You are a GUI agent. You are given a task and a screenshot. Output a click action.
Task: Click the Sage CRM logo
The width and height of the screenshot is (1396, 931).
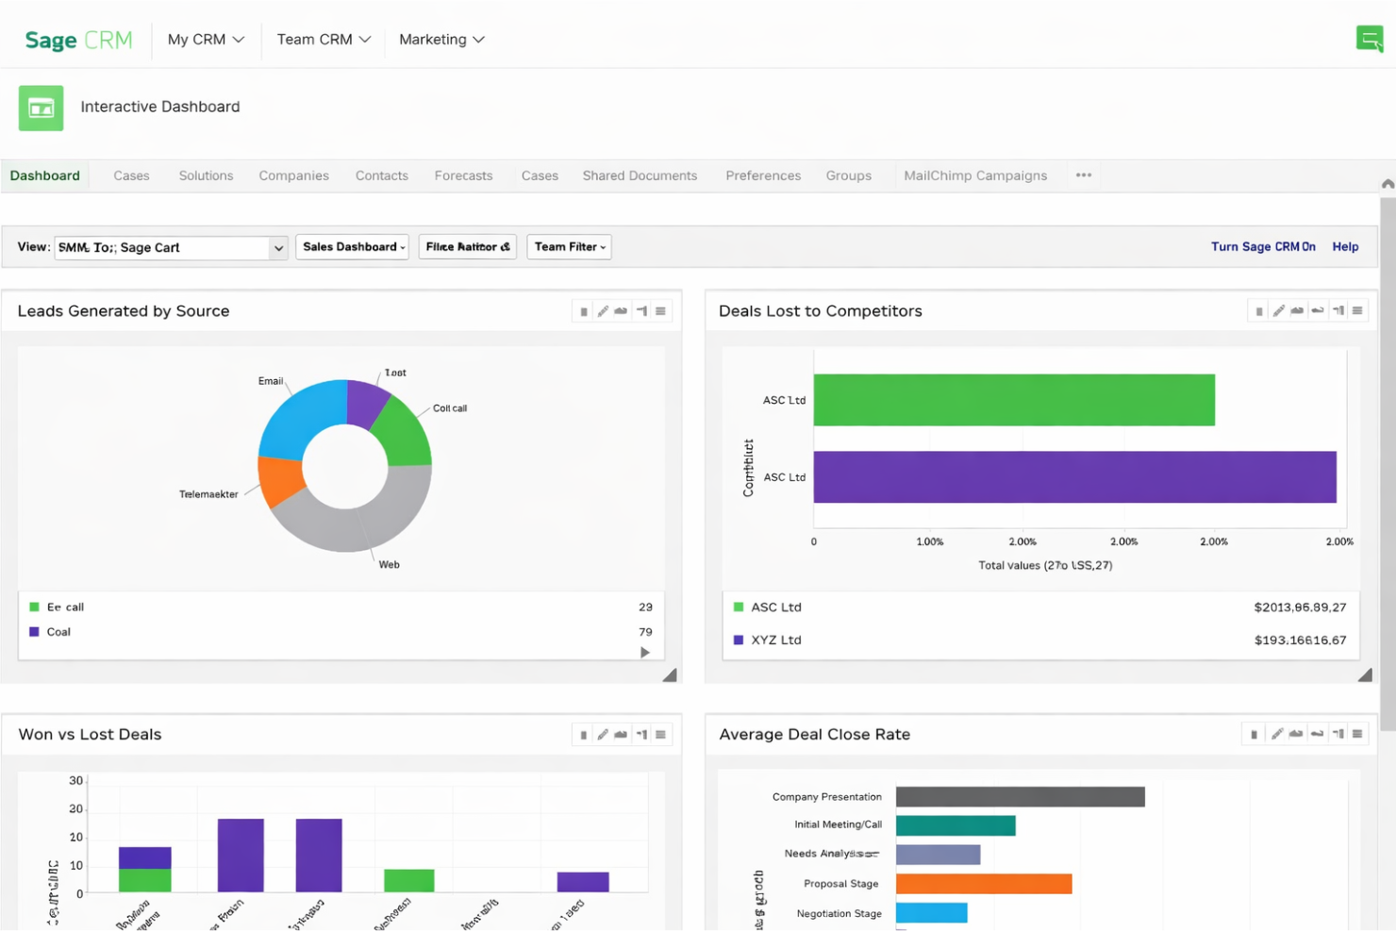tap(78, 40)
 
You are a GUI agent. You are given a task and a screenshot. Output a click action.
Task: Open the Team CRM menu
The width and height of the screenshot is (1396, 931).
tap(324, 40)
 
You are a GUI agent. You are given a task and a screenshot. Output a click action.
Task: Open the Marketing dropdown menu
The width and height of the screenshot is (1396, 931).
tap(440, 40)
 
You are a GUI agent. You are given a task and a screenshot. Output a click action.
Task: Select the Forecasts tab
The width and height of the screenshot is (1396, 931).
tap(463, 175)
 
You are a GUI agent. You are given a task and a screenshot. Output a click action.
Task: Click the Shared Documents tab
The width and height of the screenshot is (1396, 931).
tap(640, 175)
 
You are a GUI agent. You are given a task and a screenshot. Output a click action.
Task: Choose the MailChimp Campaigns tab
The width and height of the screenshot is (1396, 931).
tap(974, 175)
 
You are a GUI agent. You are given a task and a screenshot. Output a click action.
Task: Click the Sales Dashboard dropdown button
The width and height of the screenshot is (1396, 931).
tap(353, 247)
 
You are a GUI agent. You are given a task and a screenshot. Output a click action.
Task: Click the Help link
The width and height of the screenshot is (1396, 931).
tap(1344, 247)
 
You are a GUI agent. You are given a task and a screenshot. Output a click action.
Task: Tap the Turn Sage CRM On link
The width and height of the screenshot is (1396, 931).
tap(1262, 247)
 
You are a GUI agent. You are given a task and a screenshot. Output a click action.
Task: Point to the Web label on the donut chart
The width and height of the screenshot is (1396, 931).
tap(389, 565)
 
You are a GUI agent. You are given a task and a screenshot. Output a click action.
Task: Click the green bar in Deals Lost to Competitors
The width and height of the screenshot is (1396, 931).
tap(1013, 400)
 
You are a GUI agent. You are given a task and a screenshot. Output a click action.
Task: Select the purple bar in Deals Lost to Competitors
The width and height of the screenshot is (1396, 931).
tap(1073, 477)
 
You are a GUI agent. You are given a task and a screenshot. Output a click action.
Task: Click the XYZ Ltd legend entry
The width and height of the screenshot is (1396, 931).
tap(775, 640)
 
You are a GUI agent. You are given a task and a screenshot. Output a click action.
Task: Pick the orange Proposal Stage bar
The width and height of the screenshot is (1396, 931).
tap(983, 884)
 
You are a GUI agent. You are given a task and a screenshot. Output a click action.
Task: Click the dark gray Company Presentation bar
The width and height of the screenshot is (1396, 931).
tap(1019, 797)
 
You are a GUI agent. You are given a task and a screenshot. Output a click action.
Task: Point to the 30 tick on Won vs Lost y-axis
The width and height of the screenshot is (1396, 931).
tap(75, 781)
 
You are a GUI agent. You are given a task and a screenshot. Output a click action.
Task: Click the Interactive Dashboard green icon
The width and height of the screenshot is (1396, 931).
tap(41, 108)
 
